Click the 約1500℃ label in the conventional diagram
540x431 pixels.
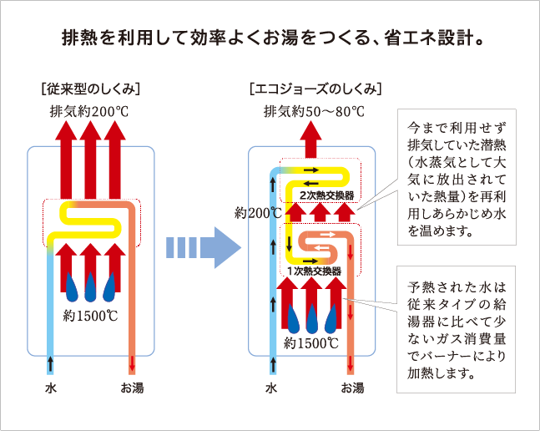(90, 315)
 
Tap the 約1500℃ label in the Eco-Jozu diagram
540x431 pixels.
(310, 342)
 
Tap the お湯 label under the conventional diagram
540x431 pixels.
(132, 388)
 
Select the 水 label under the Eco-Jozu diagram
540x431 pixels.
(270, 388)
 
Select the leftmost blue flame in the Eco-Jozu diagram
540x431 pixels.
(291, 318)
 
